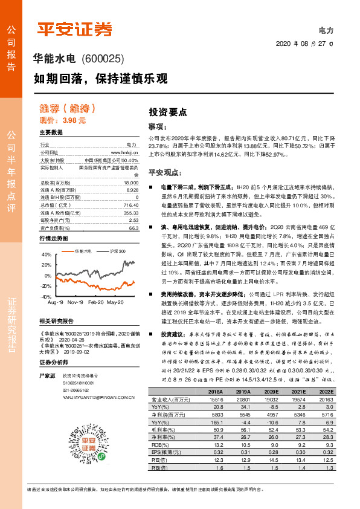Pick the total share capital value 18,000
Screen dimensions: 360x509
coord(130,182)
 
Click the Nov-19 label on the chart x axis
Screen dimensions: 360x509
coord(75,301)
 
